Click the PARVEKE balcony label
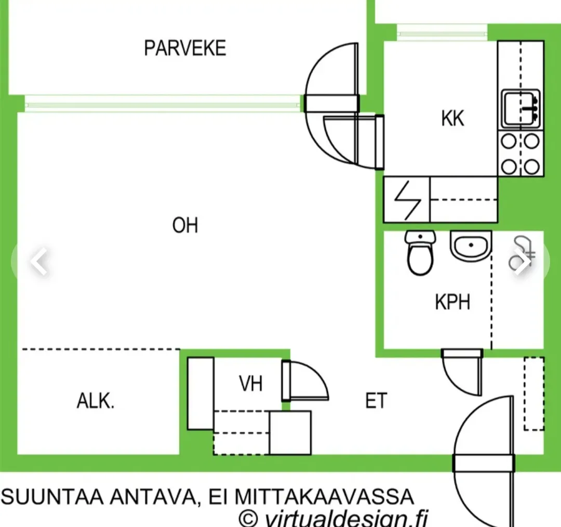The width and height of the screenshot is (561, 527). [x=185, y=48]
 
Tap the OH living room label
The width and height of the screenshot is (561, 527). [x=185, y=225]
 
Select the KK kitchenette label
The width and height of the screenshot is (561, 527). [x=452, y=118]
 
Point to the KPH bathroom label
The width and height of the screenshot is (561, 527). [x=452, y=302]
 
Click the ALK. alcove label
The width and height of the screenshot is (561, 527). [x=96, y=401]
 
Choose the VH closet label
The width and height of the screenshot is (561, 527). [x=251, y=384]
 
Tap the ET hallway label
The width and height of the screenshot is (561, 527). [x=376, y=401]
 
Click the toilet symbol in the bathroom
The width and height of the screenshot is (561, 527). [x=420, y=252]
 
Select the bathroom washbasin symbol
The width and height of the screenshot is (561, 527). [x=471, y=246]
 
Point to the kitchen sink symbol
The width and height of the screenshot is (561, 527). [x=521, y=109]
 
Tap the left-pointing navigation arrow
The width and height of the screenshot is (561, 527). [x=39, y=261]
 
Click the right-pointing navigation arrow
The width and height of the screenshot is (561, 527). [x=523, y=261]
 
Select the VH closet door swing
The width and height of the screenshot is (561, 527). [x=305, y=380]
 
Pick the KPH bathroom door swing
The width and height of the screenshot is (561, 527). [x=462, y=372]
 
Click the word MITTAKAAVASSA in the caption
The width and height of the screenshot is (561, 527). [x=324, y=497]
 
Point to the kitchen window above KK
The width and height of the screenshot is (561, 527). [x=442, y=34]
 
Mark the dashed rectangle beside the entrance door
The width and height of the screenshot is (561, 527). [x=534, y=393]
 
